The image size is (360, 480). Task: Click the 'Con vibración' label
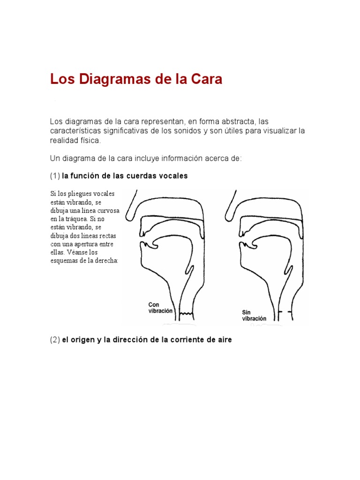point(160,307)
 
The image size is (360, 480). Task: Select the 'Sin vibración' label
point(254,315)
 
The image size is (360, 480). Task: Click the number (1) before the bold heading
point(55,176)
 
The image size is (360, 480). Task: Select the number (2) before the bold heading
point(55,340)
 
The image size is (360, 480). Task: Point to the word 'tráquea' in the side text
point(73,218)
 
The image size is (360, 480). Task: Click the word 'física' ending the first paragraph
point(90,141)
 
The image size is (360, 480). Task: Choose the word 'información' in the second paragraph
point(180,158)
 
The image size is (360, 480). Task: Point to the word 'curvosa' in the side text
point(109,210)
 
